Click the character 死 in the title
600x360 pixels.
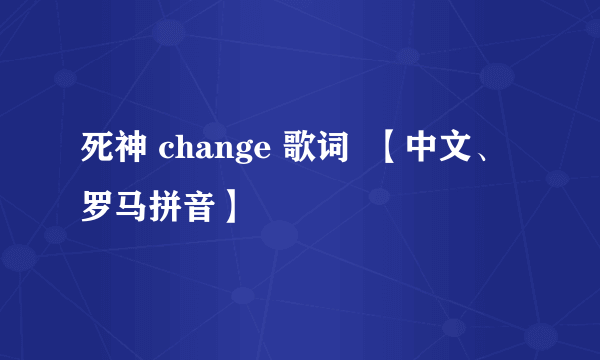click(x=97, y=151)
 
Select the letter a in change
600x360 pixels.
click(x=197, y=154)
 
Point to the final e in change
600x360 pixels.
click(x=246, y=154)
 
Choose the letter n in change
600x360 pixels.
click(x=213, y=154)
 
